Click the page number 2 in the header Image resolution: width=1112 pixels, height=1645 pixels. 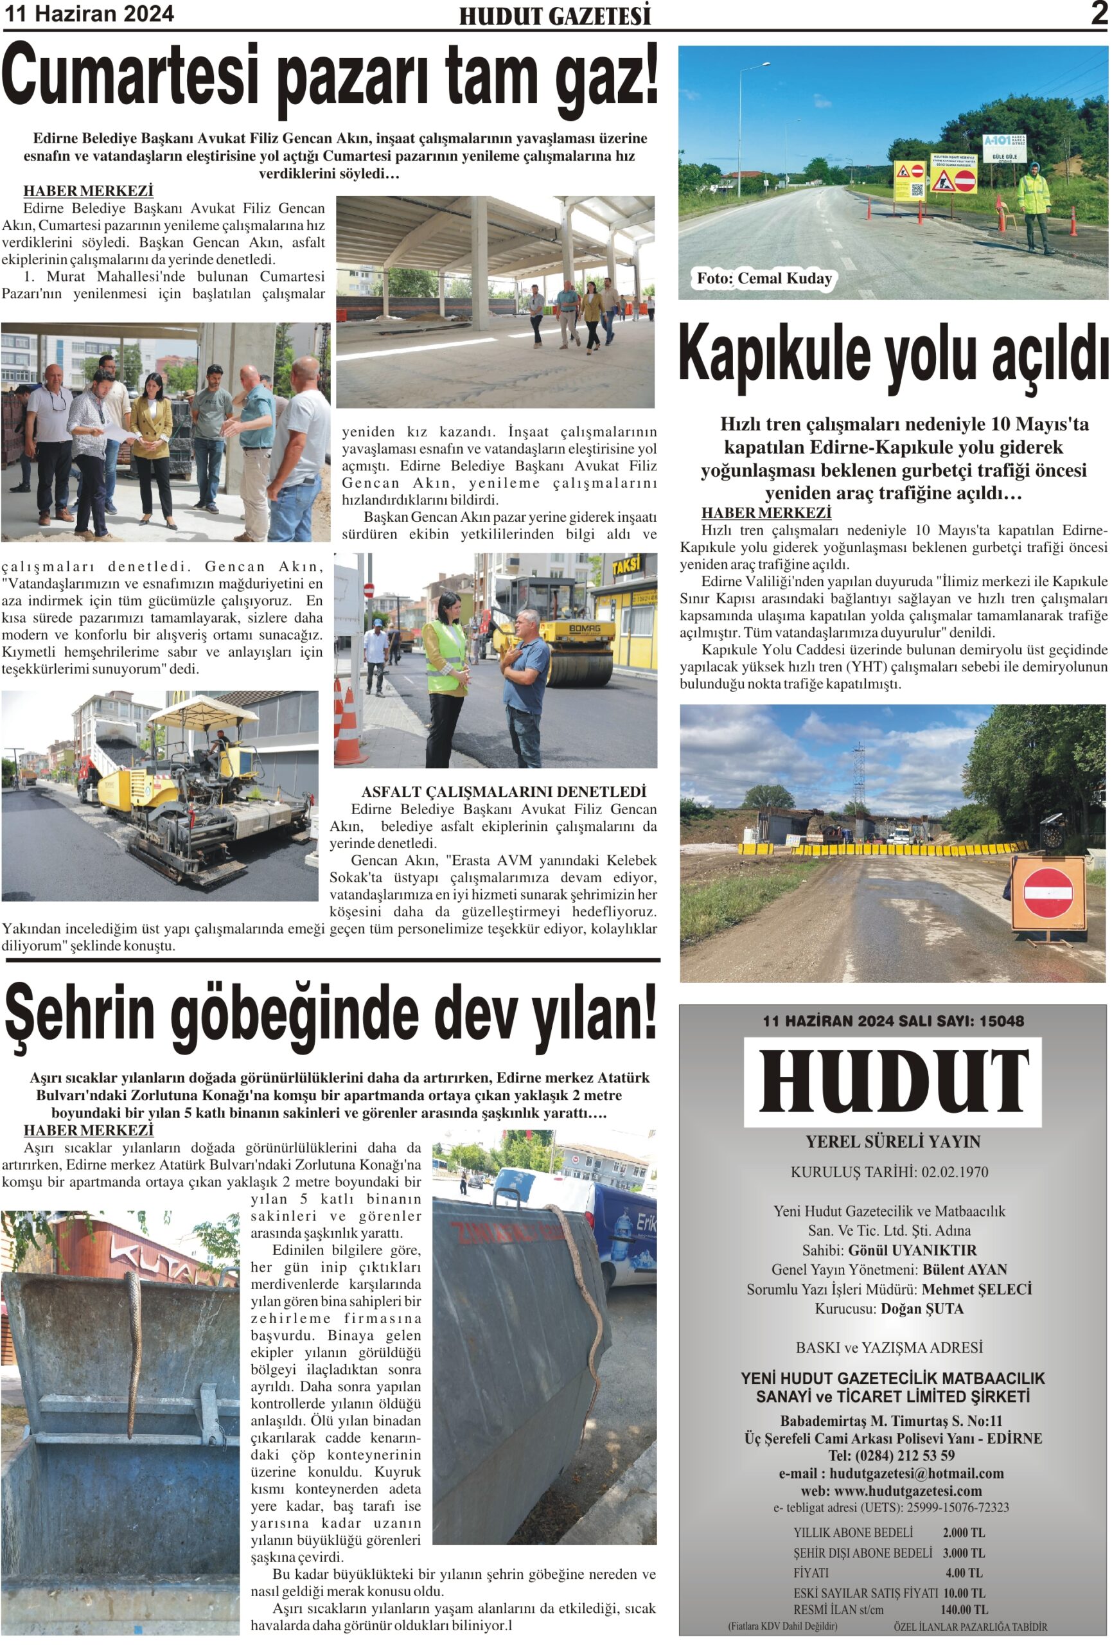(x=1099, y=13)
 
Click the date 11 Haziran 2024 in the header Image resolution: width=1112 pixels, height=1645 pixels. (x=90, y=14)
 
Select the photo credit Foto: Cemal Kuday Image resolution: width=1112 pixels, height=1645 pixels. (x=764, y=279)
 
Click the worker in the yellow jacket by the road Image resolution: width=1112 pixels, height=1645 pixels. (x=1034, y=208)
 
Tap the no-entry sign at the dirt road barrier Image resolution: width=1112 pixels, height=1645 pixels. (x=1048, y=894)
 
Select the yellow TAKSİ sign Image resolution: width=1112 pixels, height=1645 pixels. (x=626, y=566)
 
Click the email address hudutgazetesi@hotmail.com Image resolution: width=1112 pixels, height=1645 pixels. (x=917, y=1473)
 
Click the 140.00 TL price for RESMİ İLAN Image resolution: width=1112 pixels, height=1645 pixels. (x=964, y=1610)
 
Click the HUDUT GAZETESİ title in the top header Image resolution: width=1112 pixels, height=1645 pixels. (x=554, y=15)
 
